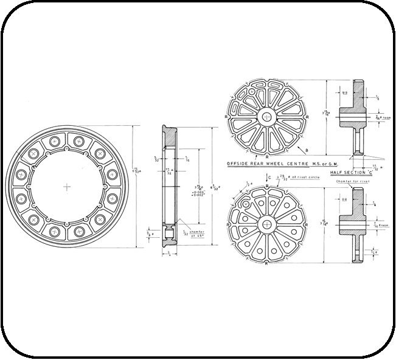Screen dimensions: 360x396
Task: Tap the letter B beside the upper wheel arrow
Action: (x=307, y=150)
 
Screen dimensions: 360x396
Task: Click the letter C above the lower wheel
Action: (x=269, y=177)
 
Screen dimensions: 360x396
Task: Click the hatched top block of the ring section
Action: (x=170, y=138)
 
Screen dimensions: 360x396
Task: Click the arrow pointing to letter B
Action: (x=301, y=145)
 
